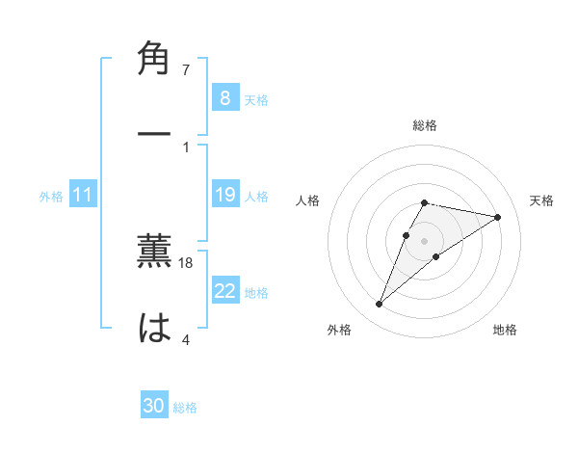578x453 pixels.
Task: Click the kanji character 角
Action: [x=154, y=59]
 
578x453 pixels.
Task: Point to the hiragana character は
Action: [x=154, y=328]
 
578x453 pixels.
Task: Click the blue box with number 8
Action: [x=224, y=98]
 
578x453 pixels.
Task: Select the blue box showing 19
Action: [x=224, y=195]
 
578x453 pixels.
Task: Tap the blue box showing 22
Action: [x=224, y=291]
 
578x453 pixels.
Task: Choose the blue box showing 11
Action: [x=83, y=195]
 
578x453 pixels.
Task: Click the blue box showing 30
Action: [x=154, y=406]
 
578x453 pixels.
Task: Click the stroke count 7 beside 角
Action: [x=186, y=70]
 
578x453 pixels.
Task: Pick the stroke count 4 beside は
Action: [x=186, y=338]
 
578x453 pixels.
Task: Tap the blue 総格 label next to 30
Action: [x=185, y=408]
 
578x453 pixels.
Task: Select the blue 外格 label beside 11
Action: [x=51, y=197]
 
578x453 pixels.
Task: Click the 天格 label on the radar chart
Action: [x=541, y=200]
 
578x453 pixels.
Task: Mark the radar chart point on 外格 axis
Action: [x=379, y=305]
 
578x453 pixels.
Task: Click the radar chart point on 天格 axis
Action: [x=498, y=217]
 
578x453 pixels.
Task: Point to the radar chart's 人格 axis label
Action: [x=308, y=200]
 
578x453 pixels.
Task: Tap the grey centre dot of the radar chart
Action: [x=425, y=241]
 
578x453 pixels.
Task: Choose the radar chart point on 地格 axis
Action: [x=436, y=256]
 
